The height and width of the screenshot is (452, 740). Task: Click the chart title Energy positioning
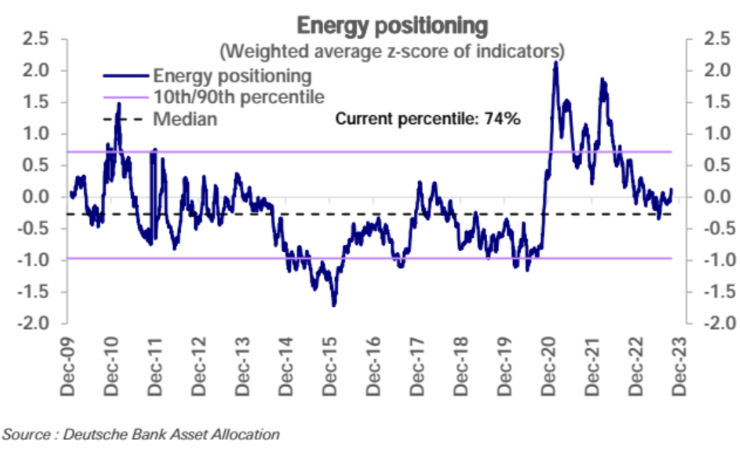(x=392, y=25)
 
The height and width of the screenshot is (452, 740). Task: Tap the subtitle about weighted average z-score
(x=392, y=52)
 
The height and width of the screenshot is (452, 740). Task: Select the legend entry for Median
(x=185, y=119)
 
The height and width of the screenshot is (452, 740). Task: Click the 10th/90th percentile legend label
(x=239, y=96)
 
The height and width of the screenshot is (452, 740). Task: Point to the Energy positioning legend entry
(x=232, y=74)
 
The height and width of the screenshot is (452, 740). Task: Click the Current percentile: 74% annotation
(x=428, y=119)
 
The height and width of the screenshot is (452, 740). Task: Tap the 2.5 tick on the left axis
(x=35, y=40)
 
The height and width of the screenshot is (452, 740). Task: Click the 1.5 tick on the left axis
(x=35, y=103)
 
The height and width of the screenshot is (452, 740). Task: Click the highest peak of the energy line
(x=555, y=62)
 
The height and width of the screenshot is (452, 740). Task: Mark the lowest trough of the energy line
(x=334, y=305)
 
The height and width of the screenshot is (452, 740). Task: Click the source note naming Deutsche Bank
(x=140, y=435)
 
